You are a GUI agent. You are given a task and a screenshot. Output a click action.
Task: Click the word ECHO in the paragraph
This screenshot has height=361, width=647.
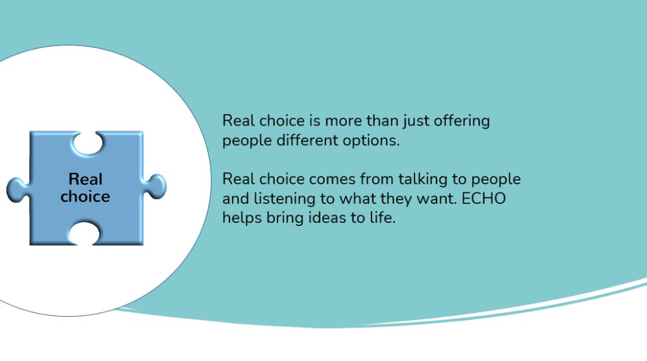click(x=483, y=198)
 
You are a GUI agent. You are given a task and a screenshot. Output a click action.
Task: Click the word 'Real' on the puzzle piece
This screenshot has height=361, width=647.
click(x=85, y=179)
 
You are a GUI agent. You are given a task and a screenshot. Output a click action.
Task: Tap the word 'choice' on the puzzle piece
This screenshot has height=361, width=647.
click(x=85, y=196)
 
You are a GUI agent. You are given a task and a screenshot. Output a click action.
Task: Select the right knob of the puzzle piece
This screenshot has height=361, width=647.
click(x=155, y=187)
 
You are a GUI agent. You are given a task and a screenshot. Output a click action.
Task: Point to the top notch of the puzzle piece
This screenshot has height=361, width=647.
click(x=87, y=143)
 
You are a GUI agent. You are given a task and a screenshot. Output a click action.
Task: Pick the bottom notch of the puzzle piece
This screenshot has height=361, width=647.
click(x=84, y=234)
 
